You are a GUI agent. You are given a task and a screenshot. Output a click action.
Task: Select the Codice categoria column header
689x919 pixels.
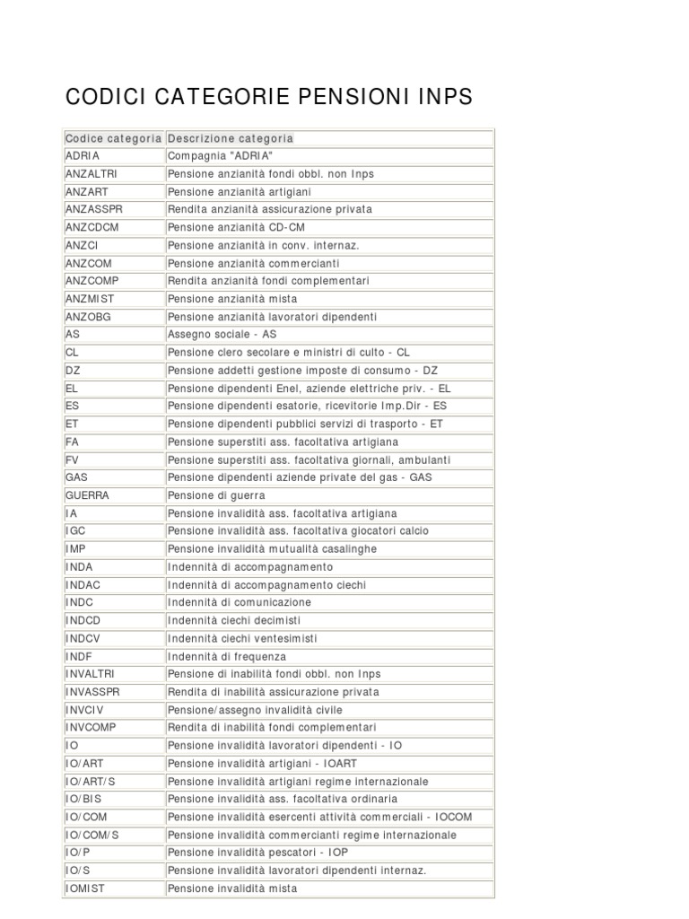click(113, 138)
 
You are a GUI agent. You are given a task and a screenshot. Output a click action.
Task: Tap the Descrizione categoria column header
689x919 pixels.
click(231, 138)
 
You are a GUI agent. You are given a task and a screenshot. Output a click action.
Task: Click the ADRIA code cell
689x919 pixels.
click(83, 156)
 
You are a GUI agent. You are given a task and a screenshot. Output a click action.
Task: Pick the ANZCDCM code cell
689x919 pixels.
click(92, 227)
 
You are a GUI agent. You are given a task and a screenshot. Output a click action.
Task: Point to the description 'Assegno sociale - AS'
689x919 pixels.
click(222, 334)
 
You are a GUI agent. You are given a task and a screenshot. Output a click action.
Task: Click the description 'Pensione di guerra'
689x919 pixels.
click(216, 495)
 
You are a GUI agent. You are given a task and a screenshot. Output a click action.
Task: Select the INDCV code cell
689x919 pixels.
click(83, 638)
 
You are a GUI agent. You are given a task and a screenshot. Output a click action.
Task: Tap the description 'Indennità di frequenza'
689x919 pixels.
click(227, 656)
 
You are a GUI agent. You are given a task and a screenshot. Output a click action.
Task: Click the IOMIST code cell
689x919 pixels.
click(86, 888)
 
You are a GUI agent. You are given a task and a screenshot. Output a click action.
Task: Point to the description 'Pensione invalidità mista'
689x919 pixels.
click(232, 888)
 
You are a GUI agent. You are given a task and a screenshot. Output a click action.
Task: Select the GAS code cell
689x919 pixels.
click(76, 477)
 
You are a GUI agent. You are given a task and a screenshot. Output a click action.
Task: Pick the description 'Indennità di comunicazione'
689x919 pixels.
click(240, 602)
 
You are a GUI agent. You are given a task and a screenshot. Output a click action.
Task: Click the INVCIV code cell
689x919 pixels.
click(85, 710)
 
